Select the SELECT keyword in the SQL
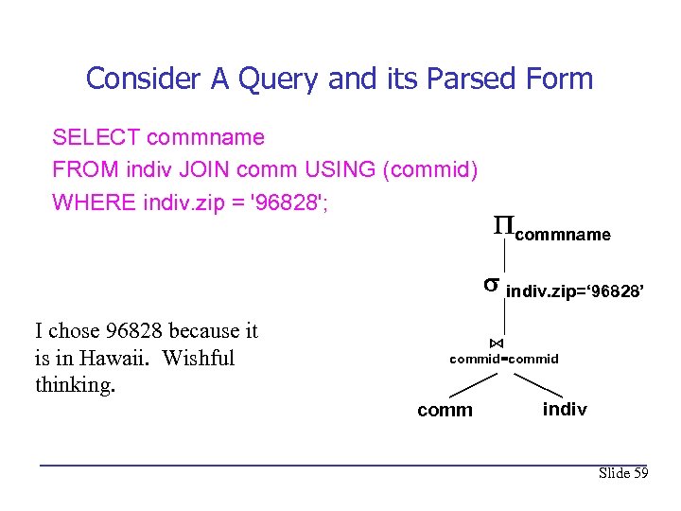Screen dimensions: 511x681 96,138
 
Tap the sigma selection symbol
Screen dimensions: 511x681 491,283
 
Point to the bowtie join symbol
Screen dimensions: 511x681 497,343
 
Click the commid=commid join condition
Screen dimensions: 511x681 503,359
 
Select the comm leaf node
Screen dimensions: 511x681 445,410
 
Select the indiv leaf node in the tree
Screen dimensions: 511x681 565,409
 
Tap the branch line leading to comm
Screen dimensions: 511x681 473,384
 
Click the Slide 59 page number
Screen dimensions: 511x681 623,473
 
